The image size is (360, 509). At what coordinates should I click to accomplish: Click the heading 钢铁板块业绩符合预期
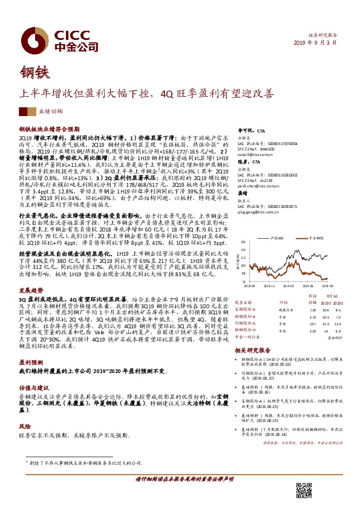coord(45,129)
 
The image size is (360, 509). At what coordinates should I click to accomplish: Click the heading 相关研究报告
coord(257,349)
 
